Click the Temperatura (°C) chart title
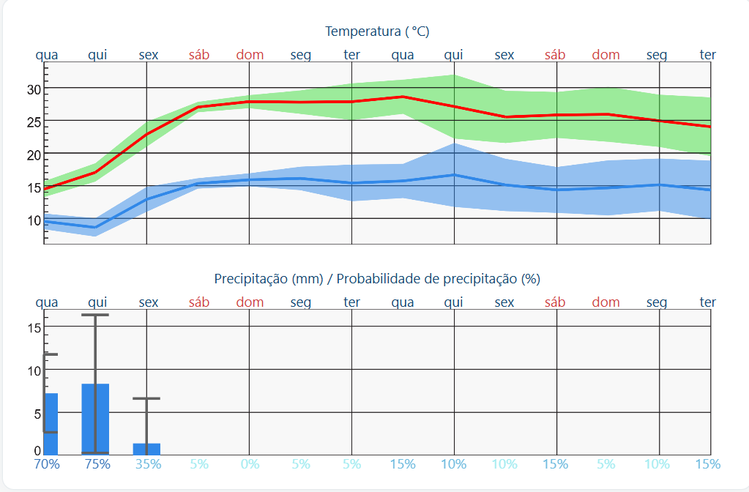pos(377,31)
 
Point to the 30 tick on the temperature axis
pos(34,89)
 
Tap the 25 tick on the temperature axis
pos(34,122)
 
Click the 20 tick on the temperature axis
pos(34,155)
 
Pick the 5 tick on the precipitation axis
pos(37,414)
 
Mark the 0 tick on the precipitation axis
pos(37,451)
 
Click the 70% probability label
pos(47,464)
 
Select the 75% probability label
pos(97,464)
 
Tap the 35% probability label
pos(149,464)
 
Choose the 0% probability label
pos(250,464)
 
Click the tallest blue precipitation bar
pos(95,419)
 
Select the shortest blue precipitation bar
pos(146,449)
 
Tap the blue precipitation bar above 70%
pos(51,424)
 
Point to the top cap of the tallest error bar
pos(95,315)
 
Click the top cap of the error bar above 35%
pos(146,398)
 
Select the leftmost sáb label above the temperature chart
pos(199,55)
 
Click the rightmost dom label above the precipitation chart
pos(605,302)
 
